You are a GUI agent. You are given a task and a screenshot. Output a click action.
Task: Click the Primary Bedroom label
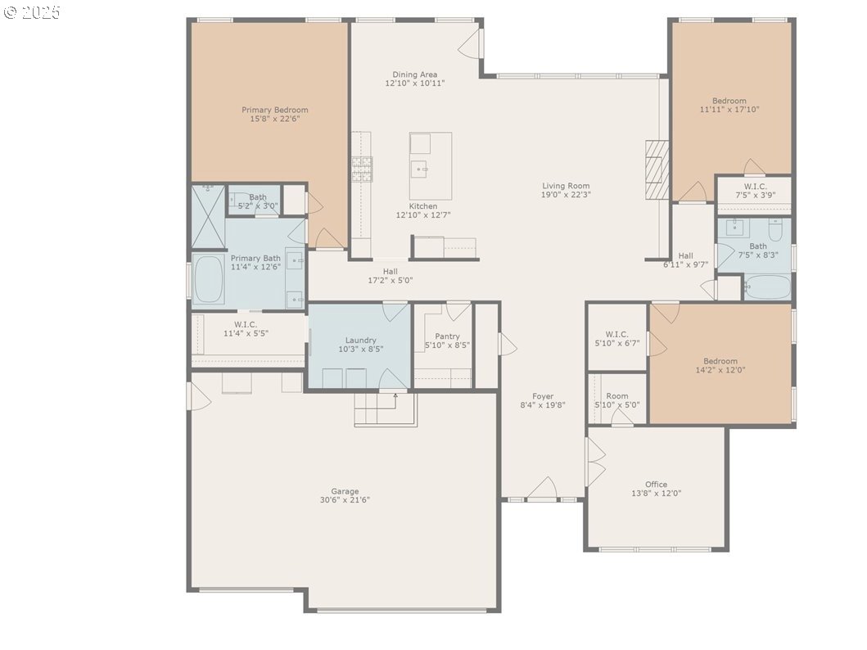[x=275, y=110]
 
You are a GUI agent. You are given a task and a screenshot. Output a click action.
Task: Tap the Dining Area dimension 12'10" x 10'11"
[x=415, y=84]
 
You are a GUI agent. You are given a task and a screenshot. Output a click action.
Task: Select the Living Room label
[x=566, y=186]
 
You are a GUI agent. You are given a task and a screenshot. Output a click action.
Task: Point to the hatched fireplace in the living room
[x=657, y=169]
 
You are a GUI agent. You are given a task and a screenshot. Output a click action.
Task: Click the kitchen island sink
[x=420, y=169]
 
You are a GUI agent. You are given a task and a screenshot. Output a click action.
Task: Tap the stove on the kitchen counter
[x=362, y=169]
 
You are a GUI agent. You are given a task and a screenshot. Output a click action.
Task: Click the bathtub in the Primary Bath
[x=208, y=279]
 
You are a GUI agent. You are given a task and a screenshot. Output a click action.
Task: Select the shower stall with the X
[x=208, y=216]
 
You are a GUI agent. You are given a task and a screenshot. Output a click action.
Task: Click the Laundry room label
[x=360, y=341]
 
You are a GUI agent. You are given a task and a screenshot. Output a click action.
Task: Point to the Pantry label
[x=447, y=336]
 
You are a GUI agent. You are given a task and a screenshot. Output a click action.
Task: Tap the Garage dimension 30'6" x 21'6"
[x=345, y=500]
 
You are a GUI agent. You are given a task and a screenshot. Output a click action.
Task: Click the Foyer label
[x=543, y=396]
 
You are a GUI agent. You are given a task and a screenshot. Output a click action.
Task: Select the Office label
[x=657, y=484]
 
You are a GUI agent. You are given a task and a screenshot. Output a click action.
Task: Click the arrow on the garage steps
[x=396, y=400]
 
